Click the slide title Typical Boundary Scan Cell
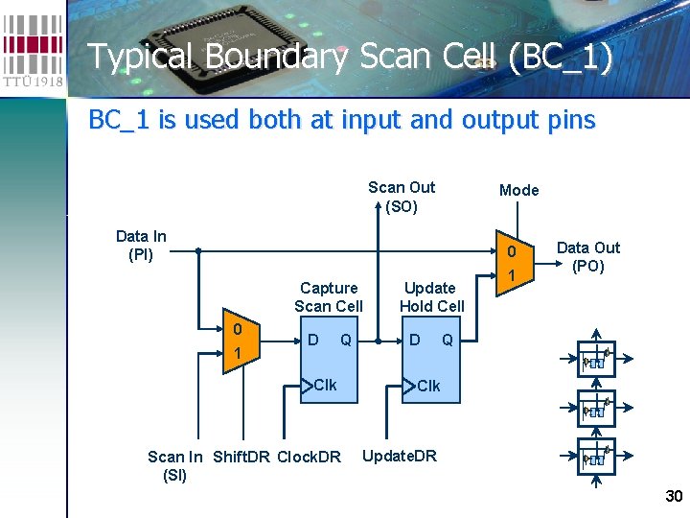[x=350, y=57]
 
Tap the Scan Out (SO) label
[x=402, y=197]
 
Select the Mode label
[x=518, y=190]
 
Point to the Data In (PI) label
[x=141, y=246]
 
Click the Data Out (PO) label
[x=588, y=257]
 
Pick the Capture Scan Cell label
[x=329, y=296]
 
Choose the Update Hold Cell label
[x=431, y=296]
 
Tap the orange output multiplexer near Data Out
[x=512, y=264]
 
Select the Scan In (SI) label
[x=174, y=465]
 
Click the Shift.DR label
[x=241, y=457]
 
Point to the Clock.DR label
[x=309, y=457]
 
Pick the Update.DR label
[x=399, y=456]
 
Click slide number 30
[x=673, y=496]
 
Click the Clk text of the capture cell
[x=325, y=385]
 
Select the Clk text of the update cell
[x=428, y=386]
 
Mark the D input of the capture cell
[x=312, y=340]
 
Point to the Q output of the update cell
[x=448, y=340]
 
